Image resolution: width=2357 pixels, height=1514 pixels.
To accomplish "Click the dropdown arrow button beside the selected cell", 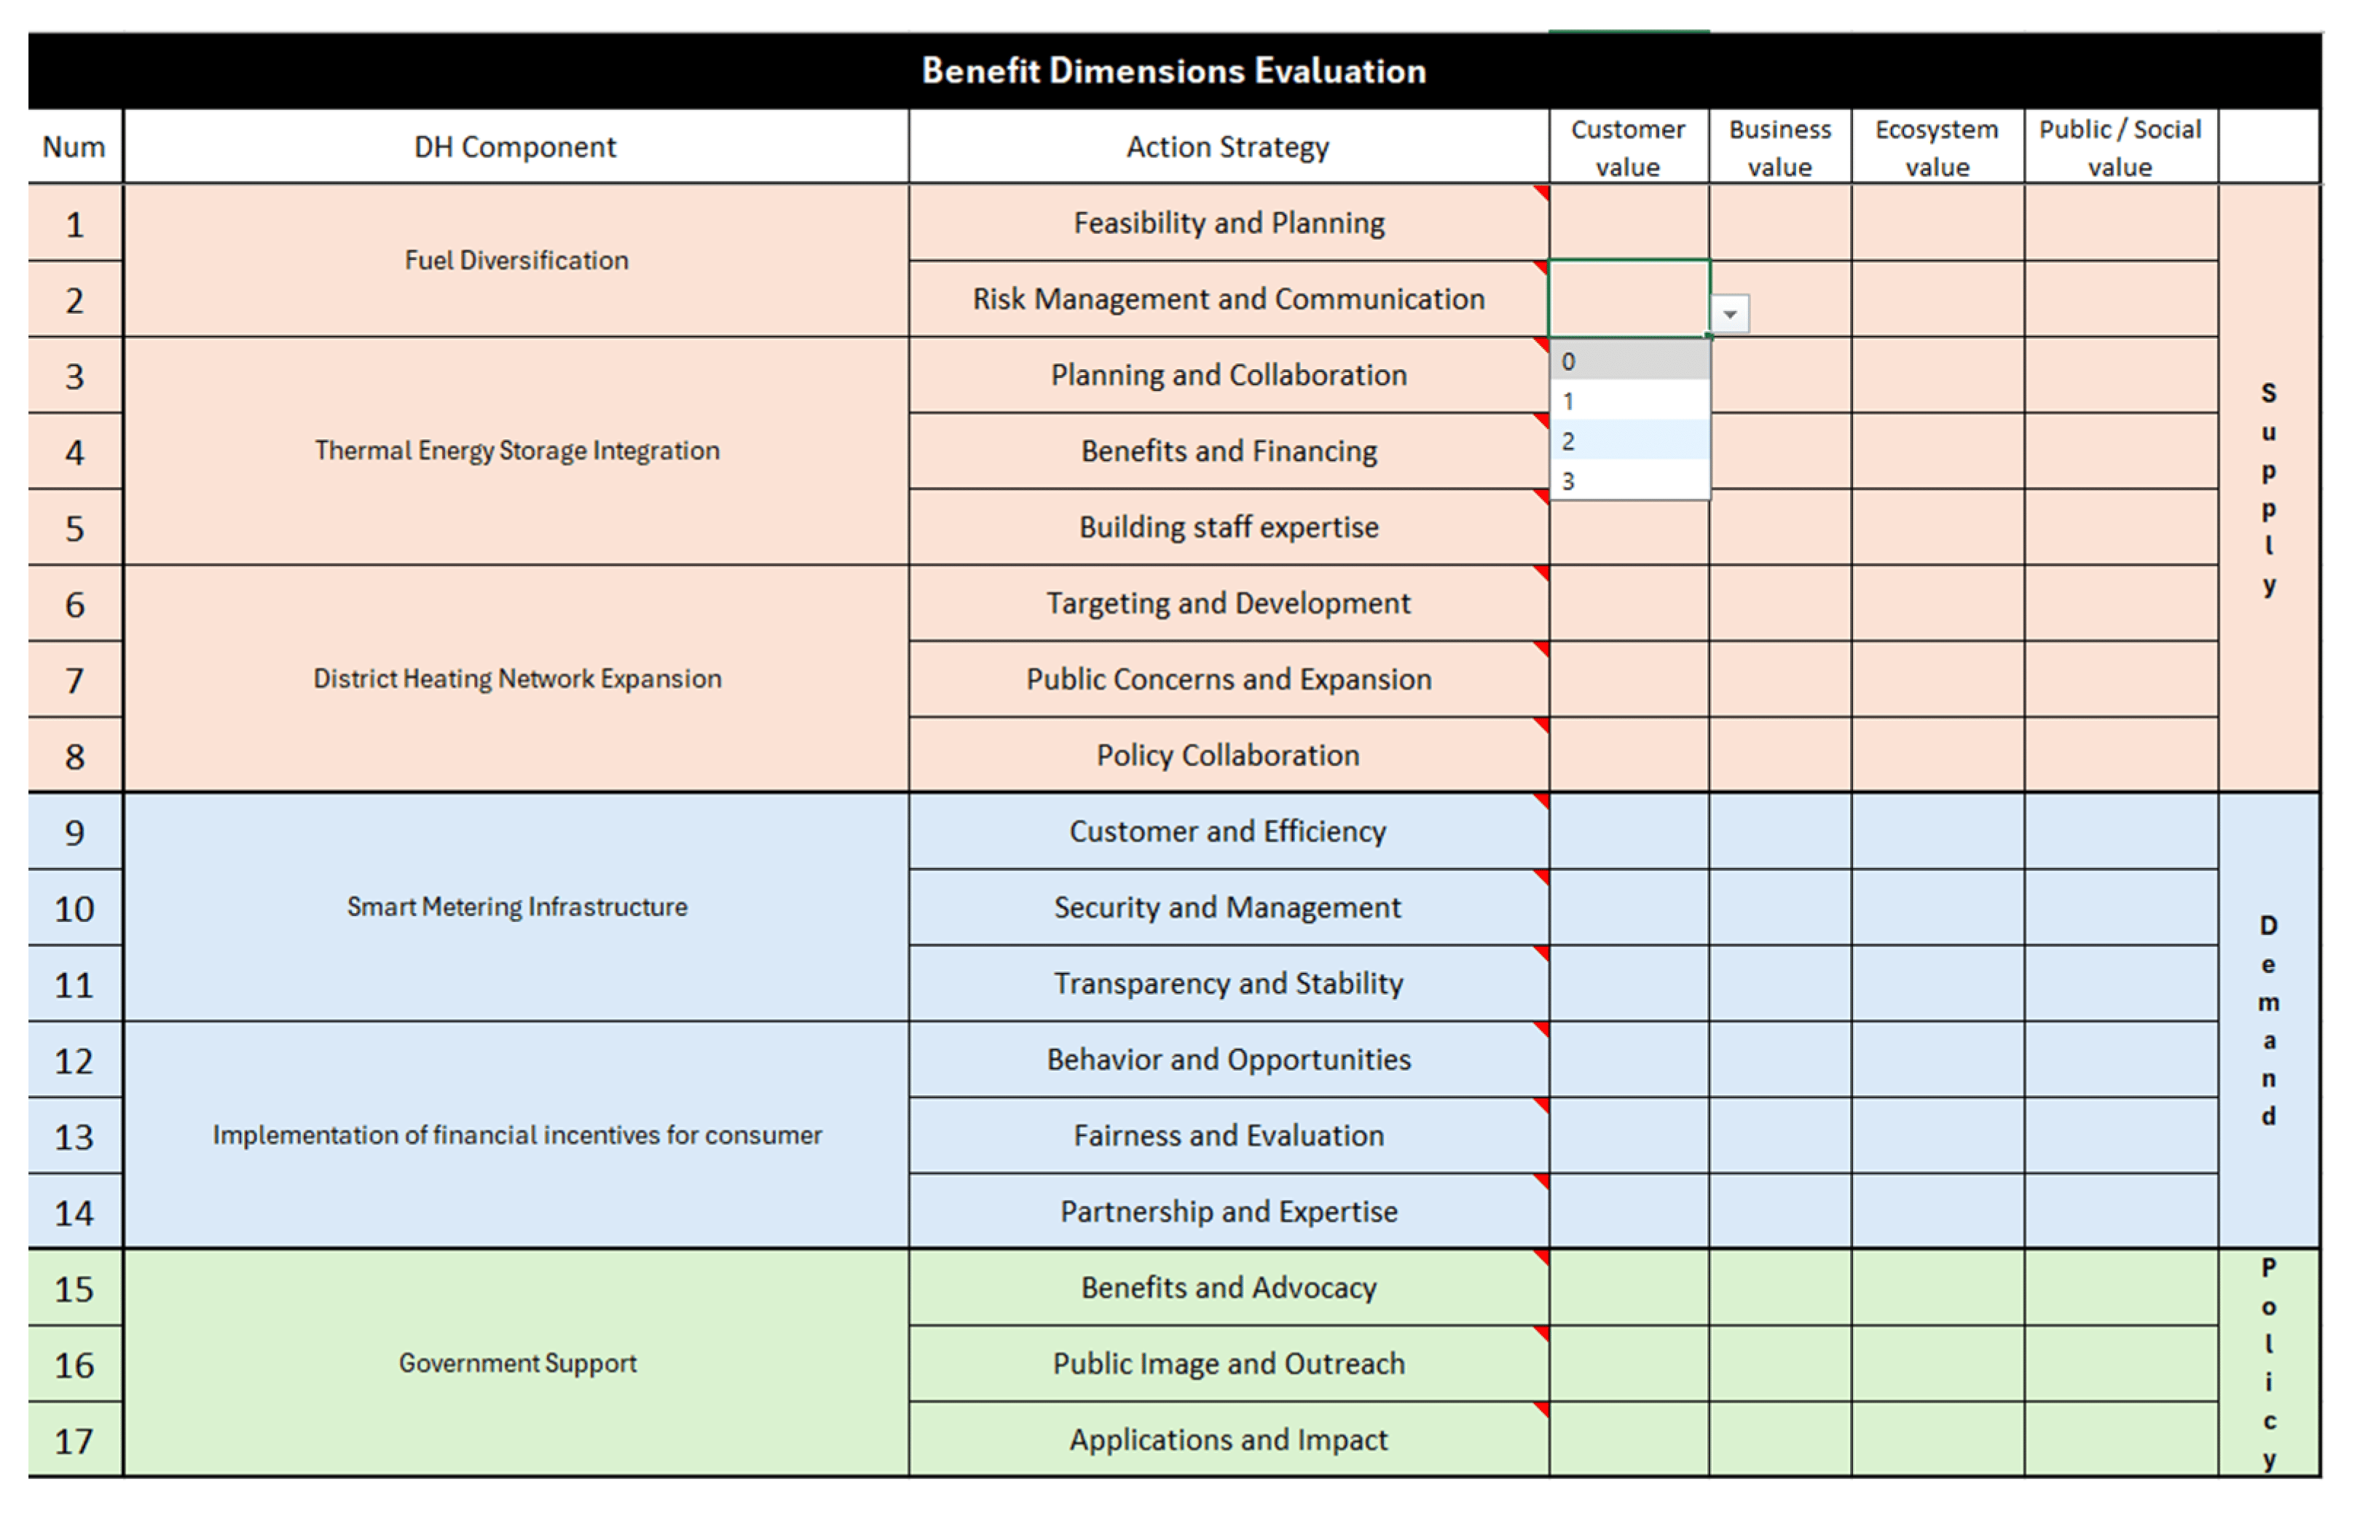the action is coord(1730,314).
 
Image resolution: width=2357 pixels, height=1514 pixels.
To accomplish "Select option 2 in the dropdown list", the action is coord(1629,441).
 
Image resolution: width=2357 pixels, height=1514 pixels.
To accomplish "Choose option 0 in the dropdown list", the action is coord(1629,360).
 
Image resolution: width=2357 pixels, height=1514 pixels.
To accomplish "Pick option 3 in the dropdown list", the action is coord(1629,481).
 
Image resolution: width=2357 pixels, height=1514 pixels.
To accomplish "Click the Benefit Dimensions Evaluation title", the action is coord(1174,71).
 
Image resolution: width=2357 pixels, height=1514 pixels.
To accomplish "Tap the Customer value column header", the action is coord(1629,147).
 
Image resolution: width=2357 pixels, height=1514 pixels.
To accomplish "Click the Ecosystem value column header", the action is coord(1937,147).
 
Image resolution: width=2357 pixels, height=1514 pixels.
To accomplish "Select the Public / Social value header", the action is coord(2120,147).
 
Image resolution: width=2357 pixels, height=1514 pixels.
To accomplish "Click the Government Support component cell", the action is coord(516,1363).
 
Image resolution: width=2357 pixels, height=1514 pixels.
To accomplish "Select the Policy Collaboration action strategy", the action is coord(1228,755).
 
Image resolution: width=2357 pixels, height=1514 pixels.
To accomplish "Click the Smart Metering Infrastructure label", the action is coord(516,907).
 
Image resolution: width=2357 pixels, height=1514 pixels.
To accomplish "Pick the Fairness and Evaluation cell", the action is coord(1228,1135).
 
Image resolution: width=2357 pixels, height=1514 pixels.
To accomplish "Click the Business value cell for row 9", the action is coord(1780,832).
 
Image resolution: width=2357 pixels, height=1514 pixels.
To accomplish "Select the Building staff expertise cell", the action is coord(1228,527).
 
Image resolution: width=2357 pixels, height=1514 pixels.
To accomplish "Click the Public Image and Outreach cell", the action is coord(1228,1363).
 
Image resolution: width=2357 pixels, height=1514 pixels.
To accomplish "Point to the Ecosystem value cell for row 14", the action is coord(1937,1211).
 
